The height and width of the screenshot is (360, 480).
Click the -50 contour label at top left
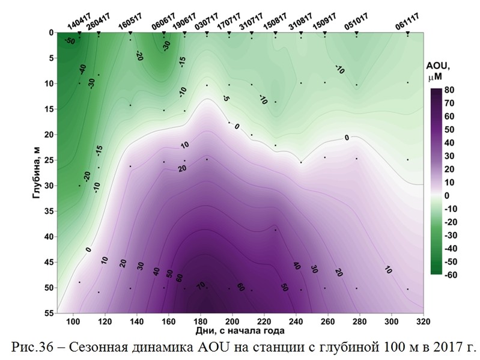tap(69, 41)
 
